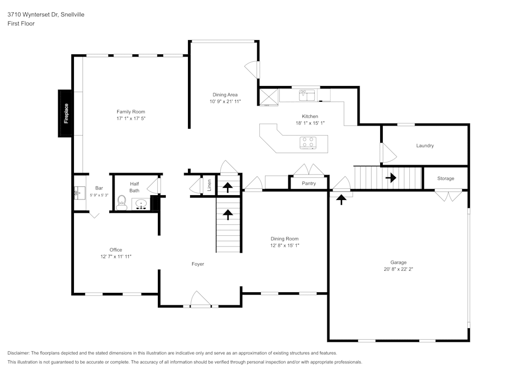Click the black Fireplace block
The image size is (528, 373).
coord(65,113)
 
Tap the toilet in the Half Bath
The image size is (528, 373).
coord(121,203)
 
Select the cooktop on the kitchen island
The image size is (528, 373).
coord(308,142)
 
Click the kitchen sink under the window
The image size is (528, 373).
coord(307,95)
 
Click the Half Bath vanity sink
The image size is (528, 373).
coord(141,204)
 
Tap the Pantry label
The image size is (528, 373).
coord(309,183)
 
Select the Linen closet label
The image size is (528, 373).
coord(209,185)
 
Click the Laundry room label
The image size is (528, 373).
coord(425,146)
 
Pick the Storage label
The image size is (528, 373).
coord(446,178)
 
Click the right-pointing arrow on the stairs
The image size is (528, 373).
coord(391,177)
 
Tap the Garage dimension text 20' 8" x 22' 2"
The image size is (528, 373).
coord(398,269)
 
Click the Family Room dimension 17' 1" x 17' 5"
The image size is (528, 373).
coord(131,118)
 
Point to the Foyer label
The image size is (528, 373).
coord(197,264)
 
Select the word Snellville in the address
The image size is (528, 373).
coord(72,14)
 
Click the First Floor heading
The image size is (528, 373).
coord(21,24)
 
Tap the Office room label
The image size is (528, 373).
coord(116,250)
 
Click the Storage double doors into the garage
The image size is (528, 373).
coord(448,195)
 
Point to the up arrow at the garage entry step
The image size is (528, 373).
coord(342,199)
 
